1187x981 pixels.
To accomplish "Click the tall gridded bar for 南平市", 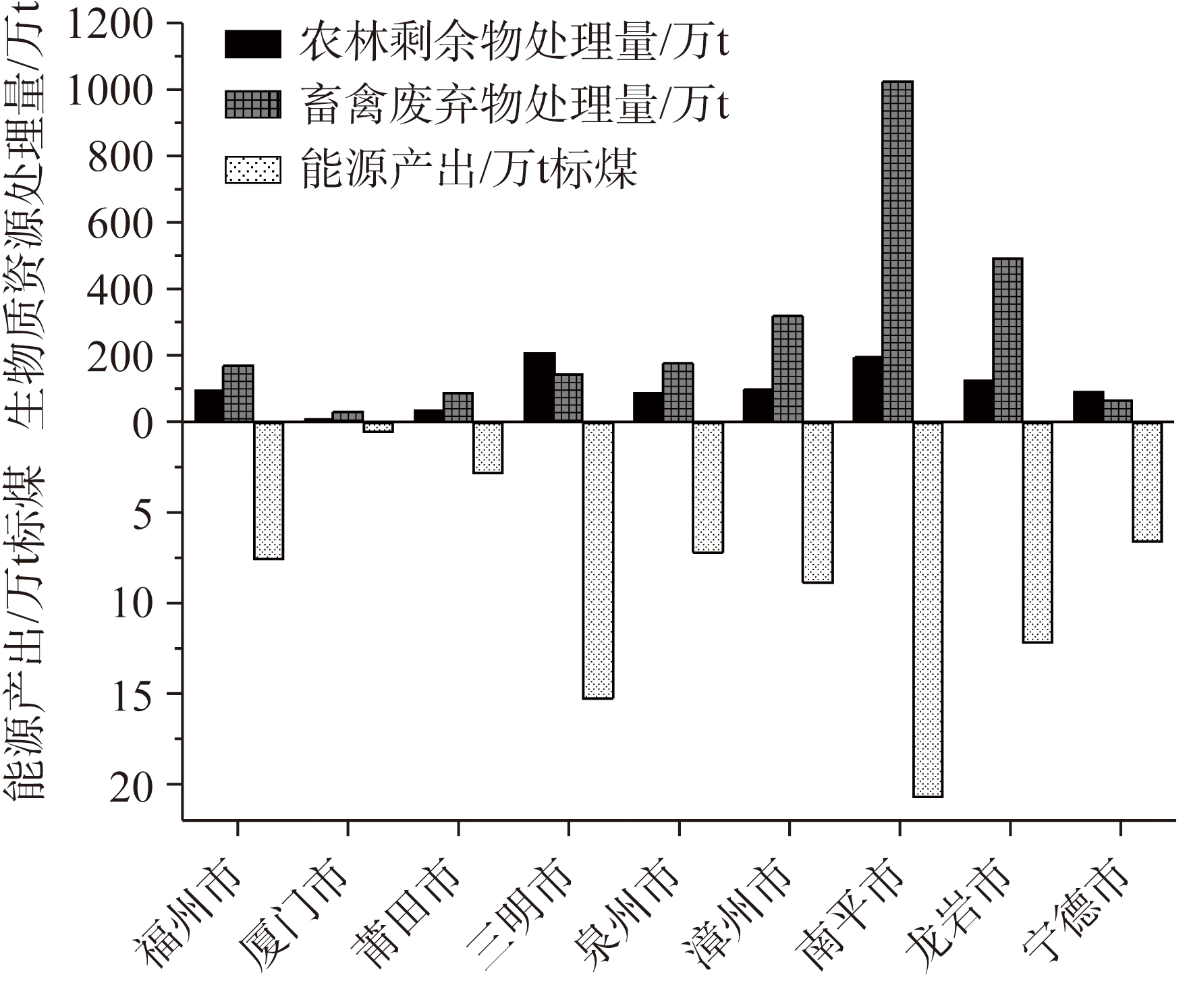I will click(898, 251).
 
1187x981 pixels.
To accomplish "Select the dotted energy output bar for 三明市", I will click(598, 560).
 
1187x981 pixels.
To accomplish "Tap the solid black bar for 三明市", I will click(539, 387).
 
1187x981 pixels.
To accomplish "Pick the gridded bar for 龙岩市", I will click(1007, 339).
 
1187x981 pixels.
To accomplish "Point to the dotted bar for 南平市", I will click(928, 609).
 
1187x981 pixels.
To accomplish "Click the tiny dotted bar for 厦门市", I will click(378, 427).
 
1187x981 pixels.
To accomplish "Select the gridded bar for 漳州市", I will click(788, 368).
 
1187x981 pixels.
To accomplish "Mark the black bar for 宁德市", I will click(1088, 406).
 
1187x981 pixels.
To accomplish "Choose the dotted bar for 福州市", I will click(269, 490).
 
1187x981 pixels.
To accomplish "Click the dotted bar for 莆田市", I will click(488, 447).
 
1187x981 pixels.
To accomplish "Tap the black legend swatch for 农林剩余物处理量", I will click(252, 45).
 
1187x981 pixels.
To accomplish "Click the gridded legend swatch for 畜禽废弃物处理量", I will click(252, 105).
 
